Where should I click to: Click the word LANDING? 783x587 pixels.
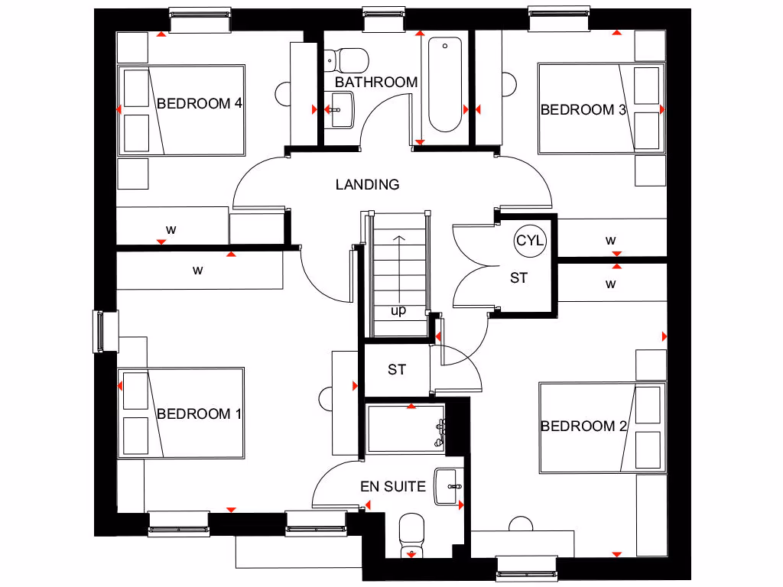point(367,184)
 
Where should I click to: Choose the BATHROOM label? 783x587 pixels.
point(376,82)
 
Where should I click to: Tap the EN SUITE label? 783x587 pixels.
point(393,486)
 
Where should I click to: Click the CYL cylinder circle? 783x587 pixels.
point(530,240)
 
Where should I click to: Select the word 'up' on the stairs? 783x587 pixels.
point(398,311)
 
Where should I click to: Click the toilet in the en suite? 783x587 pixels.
point(412,535)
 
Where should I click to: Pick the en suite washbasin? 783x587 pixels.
point(449,486)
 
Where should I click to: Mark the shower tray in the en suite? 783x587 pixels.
point(405,429)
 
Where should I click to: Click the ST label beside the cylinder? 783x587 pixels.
point(518,278)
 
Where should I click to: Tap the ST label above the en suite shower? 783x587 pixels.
point(396,370)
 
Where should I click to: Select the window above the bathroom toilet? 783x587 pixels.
point(383,18)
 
